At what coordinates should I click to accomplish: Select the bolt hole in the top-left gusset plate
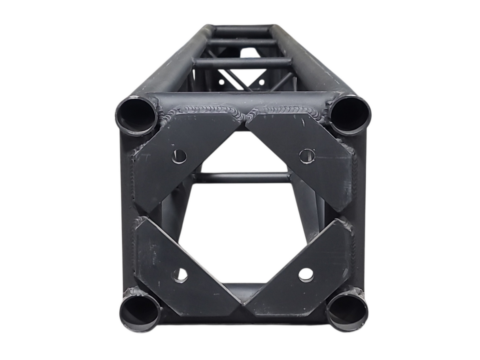tap(179, 156)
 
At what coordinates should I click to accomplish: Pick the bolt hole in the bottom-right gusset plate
tap(306, 275)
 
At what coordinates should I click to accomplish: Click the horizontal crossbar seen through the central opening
tap(242, 178)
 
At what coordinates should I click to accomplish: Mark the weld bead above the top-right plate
tap(285, 110)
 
